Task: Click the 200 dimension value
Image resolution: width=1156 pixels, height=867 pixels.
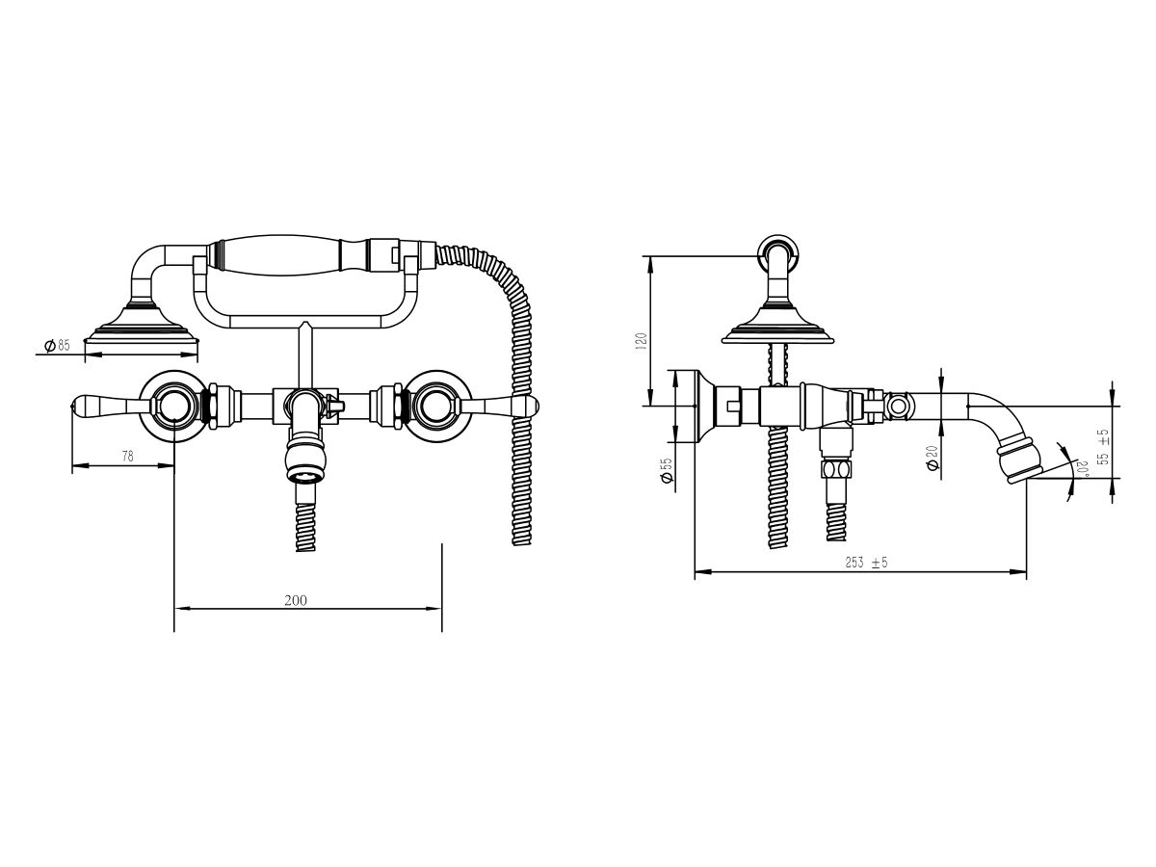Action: tap(296, 600)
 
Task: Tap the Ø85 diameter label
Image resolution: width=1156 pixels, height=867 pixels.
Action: tap(58, 346)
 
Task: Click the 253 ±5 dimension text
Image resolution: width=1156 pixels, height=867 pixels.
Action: tap(865, 563)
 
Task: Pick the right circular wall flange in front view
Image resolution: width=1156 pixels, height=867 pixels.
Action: tap(440, 405)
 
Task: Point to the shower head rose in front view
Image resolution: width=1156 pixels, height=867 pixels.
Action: tap(142, 328)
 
